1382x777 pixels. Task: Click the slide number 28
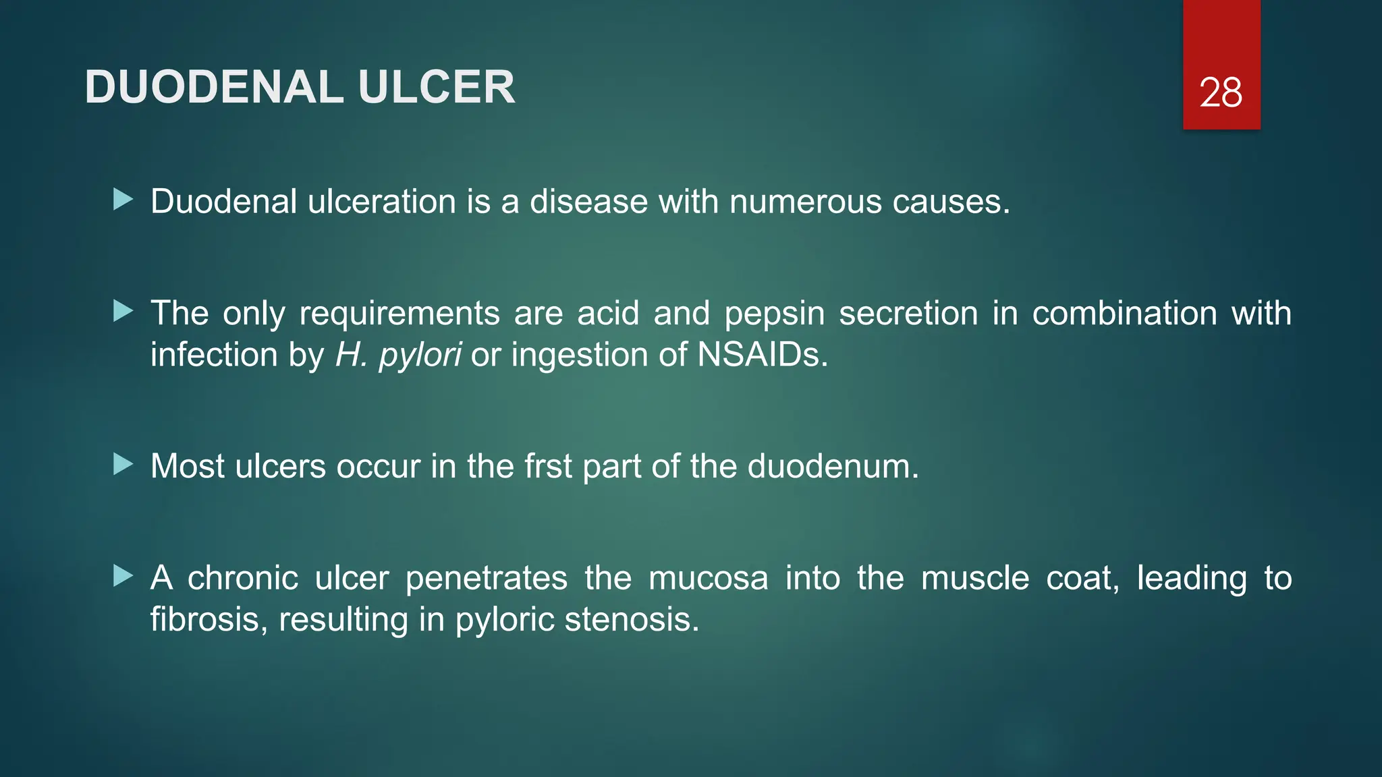[x=1221, y=93]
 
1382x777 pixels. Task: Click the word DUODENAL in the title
[x=215, y=88]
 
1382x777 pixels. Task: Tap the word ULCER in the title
[x=437, y=88]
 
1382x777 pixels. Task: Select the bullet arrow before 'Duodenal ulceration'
[x=123, y=200]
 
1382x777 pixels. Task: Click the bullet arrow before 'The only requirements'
[x=123, y=311]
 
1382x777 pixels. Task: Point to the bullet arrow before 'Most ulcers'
[x=123, y=464]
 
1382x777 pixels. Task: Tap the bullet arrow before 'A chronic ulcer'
[x=123, y=576]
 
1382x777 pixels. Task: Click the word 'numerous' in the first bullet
[x=805, y=202]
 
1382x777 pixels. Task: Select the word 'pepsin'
[x=774, y=314]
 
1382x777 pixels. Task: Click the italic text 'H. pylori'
[x=398, y=355]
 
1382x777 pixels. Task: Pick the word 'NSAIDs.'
[x=763, y=355]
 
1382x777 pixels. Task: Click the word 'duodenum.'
[x=833, y=466]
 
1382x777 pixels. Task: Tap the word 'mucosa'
[x=708, y=579]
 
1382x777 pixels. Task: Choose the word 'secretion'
[x=908, y=314]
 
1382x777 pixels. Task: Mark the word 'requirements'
[x=399, y=314]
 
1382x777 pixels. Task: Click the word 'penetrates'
[x=486, y=579]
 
